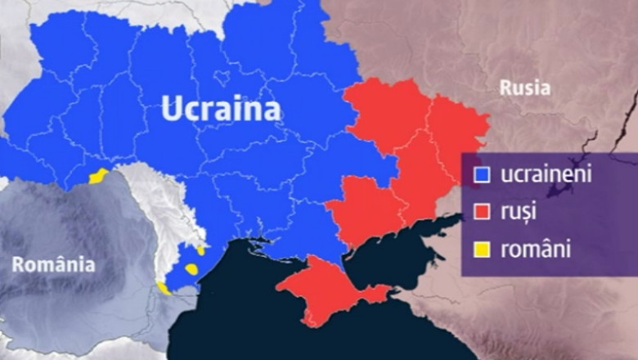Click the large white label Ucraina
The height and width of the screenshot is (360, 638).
221,108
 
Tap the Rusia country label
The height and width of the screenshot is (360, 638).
525,88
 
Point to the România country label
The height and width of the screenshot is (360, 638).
53,264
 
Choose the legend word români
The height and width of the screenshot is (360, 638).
535,249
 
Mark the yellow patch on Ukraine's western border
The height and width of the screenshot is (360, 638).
98,175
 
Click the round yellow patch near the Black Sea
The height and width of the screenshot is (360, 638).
191,268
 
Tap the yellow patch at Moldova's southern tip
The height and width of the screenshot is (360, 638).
164,288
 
